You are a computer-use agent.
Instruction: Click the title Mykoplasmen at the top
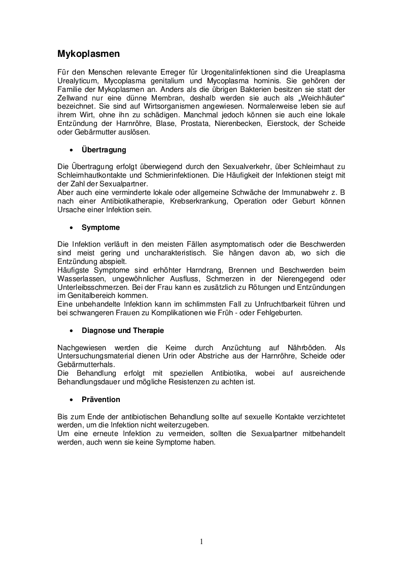(88, 53)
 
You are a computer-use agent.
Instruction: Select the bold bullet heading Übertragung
(104, 150)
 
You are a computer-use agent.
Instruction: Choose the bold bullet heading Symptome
(100, 228)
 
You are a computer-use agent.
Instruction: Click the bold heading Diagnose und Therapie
(123, 330)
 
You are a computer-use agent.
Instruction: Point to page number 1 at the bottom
(201, 542)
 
